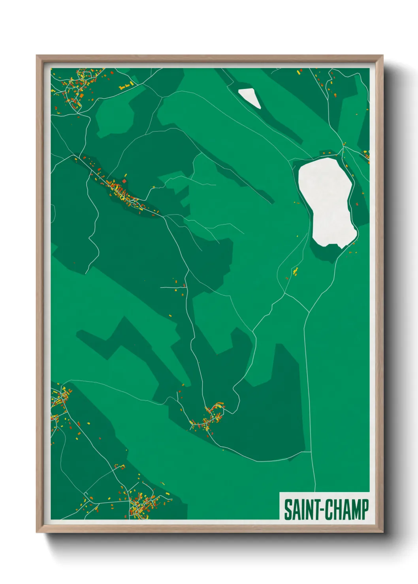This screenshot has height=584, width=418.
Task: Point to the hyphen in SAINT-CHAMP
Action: (324, 510)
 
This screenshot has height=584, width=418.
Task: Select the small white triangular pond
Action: (250, 97)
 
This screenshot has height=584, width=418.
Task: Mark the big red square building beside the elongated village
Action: (124, 181)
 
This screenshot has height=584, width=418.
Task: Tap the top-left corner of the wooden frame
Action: (38, 56)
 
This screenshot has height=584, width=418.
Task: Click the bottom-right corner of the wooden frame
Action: (382, 532)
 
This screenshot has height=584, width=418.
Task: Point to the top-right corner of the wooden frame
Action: (382, 56)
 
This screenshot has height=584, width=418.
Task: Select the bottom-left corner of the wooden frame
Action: (38, 532)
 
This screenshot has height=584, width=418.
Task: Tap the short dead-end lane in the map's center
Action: (173, 288)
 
